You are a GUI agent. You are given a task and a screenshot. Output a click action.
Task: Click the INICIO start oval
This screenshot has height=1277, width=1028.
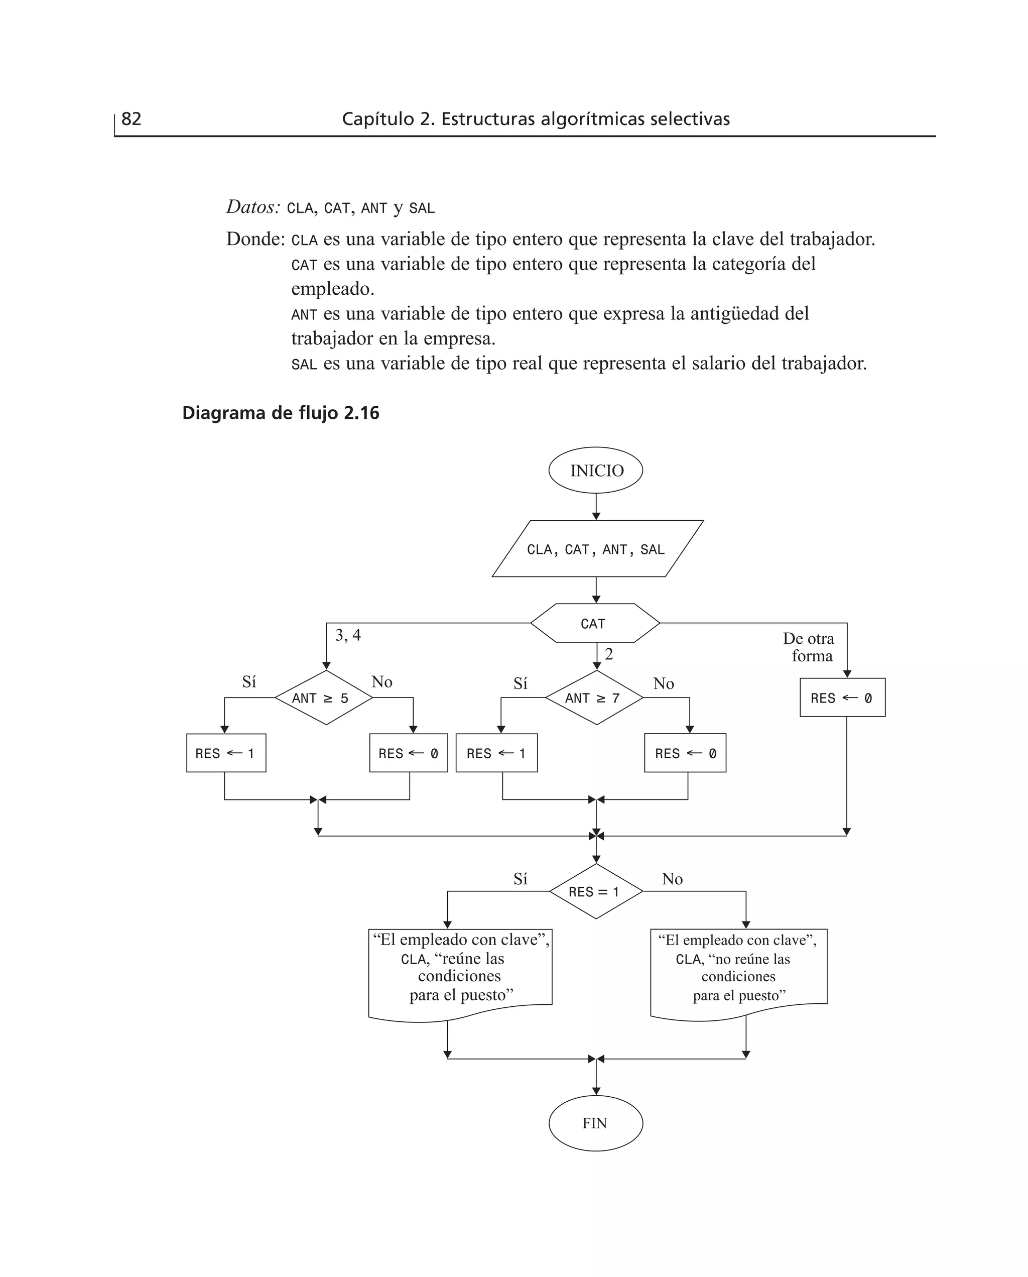(x=596, y=471)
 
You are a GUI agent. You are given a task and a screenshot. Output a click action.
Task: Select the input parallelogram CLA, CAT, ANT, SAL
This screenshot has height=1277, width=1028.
(x=597, y=549)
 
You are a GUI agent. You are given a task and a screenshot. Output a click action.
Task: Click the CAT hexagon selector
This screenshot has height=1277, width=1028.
(x=594, y=624)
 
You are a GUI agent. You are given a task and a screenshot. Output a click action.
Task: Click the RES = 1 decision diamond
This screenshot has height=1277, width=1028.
(x=596, y=891)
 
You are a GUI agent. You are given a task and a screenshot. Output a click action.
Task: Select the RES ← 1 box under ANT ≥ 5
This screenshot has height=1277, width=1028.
(x=225, y=753)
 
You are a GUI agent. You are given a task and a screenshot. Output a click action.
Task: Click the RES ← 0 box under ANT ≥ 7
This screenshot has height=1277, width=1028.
(x=685, y=753)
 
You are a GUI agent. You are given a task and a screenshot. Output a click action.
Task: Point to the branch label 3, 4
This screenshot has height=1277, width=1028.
(x=347, y=636)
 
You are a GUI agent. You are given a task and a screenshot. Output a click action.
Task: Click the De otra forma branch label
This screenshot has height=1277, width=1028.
(x=809, y=647)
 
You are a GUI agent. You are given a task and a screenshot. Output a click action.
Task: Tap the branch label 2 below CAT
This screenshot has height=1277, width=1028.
(x=609, y=654)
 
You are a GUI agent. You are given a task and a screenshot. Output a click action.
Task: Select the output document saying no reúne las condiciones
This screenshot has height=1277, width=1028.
(x=738, y=970)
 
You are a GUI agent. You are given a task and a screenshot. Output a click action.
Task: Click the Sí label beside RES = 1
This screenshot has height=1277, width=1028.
(x=520, y=879)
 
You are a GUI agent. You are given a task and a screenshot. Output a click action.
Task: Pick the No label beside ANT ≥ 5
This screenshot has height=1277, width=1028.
(x=382, y=682)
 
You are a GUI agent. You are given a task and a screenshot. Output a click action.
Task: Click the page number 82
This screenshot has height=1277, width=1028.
(x=131, y=119)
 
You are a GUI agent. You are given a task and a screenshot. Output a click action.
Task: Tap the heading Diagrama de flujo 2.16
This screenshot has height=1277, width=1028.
(x=280, y=413)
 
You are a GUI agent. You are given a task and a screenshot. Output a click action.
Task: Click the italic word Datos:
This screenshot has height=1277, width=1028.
(x=253, y=207)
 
